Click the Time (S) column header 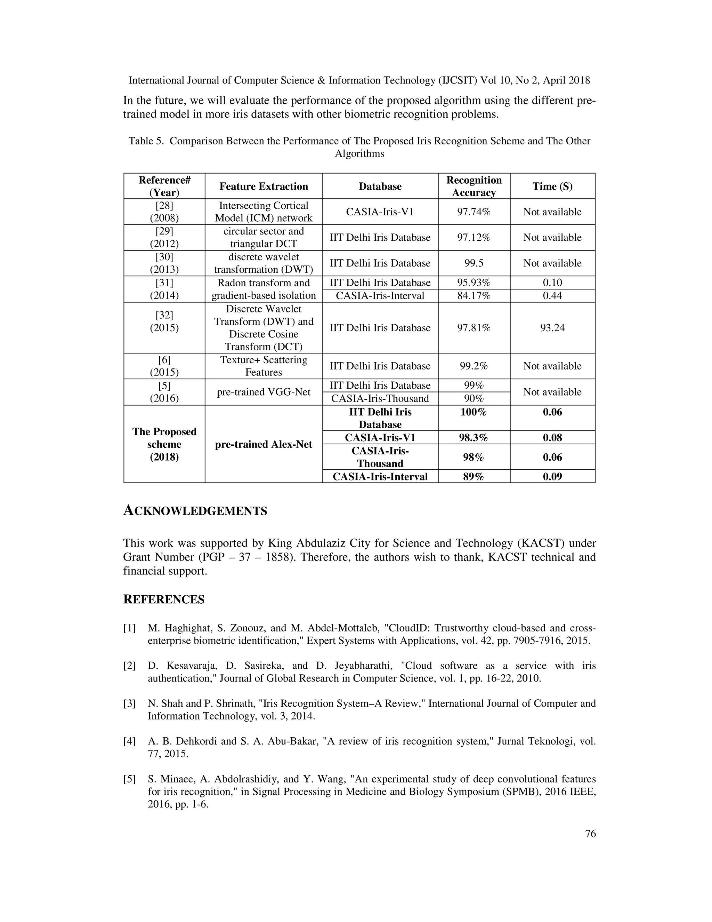pyautogui.click(x=552, y=186)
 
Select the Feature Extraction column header pyautogui.click(x=264, y=186)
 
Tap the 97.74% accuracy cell pyautogui.click(x=474, y=212)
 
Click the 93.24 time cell pyautogui.click(x=552, y=328)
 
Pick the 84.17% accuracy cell pyautogui.click(x=474, y=295)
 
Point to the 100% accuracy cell pyautogui.click(x=474, y=412)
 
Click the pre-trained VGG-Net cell pyautogui.click(x=264, y=392)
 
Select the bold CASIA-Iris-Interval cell pyautogui.click(x=380, y=477)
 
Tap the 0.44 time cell pyautogui.click(x=552, y=295)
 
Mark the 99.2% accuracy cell pyautogui.click(x=474, y=366)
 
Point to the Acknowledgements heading pyautogui.click(x=195, y=511)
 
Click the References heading pyautogui.click(x=164, y=599)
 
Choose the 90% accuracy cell pyautogui.click(x=474, y=398)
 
